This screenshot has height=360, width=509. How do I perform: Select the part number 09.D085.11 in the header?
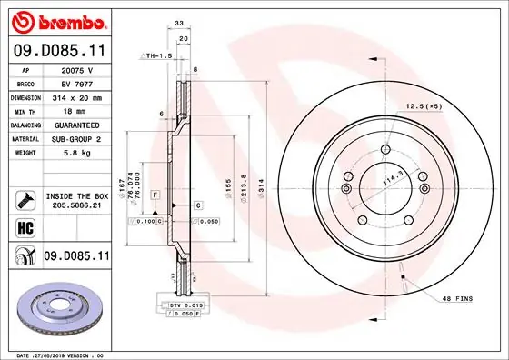coord(58,53)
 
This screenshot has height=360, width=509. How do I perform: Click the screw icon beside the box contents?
coord(25,201)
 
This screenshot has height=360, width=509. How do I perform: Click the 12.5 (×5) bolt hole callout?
coord(424,106)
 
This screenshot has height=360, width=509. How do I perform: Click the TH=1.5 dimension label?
coord(155,56)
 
